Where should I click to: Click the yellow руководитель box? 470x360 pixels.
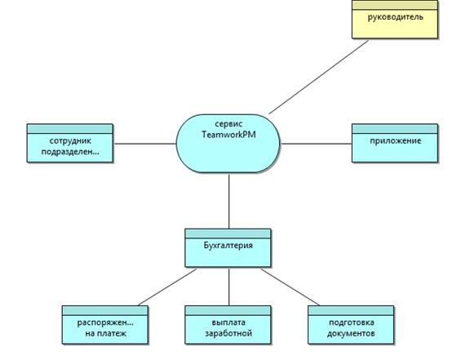pyautogui.click(x=395, y=20)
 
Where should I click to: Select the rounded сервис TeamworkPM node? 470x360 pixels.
pyautogui.click(x=228, y=144)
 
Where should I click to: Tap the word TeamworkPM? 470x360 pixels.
pyautogui.click(x=229, y=135)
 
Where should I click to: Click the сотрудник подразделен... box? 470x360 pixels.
pyautogui.click(x=70, y=143)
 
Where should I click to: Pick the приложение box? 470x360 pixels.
pyautogui.click(x=395, y=143)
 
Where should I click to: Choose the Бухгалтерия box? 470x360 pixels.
pyautogui.click(x=228, y=248)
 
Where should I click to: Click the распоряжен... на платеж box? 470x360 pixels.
pyautogui.click(x=105, y=325)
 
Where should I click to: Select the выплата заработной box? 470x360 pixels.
pyautogui.click(x=228, y=325)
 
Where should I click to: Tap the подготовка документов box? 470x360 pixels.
pyautogui.click(x=351, y=325)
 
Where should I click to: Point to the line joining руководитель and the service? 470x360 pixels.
pyautogui.click(x=318, y=77)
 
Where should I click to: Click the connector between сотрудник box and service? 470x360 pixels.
pyautogui.click(x=144, y=144)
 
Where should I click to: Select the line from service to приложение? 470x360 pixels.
pyautogui.click(x=316, y=144)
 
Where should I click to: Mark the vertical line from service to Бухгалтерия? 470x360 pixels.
pyautogui.click(x=229, y=201)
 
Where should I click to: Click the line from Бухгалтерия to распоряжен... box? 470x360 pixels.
pyautogui.click(x=167, y=287)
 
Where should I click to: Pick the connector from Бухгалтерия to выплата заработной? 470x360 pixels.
pyautogui.click(x=229, y=287)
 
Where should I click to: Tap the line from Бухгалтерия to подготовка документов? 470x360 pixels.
pyautogui.click(x=290, y=287)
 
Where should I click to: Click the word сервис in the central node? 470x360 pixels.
pyautogui.click(x=228, y=124)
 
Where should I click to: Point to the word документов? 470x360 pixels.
pyautogui.click(x=351, y=333)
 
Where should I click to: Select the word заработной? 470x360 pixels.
pyautogui.click(x=228, y=333)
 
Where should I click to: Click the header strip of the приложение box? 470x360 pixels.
pyautogui.click(x=395, y=129)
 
